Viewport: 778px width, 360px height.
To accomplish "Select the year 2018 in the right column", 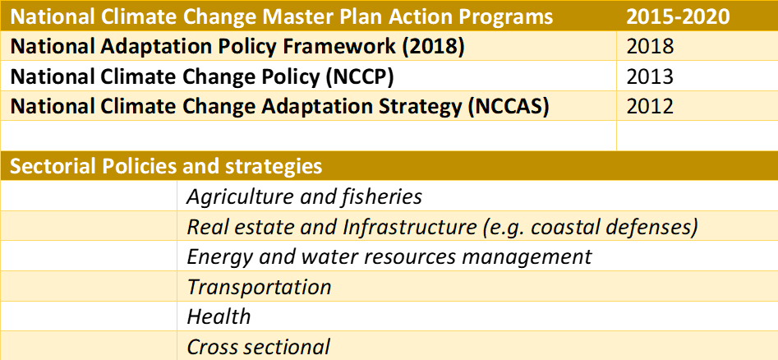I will point(650,46).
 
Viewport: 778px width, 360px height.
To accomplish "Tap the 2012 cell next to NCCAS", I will point(650,107).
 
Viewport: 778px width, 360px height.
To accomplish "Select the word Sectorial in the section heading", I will point(50,167).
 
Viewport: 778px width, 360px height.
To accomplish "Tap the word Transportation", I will point(259,287).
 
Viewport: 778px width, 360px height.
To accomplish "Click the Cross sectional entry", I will point(258,347).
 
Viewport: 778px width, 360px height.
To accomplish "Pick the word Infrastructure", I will point(403,227).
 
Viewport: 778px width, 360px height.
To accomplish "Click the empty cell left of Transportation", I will point(89,287).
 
